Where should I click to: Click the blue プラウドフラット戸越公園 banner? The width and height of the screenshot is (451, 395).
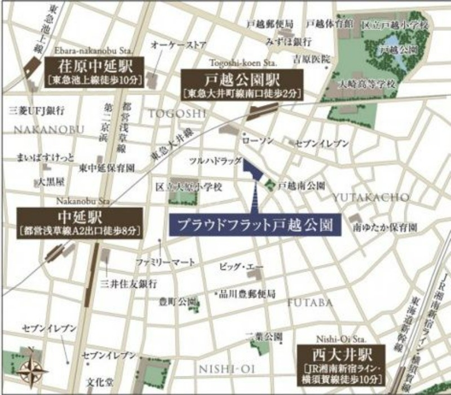pos(251,224)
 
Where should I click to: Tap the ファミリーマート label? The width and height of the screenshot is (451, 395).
pos(165,262)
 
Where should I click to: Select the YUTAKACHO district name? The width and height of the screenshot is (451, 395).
pos(370,197)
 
